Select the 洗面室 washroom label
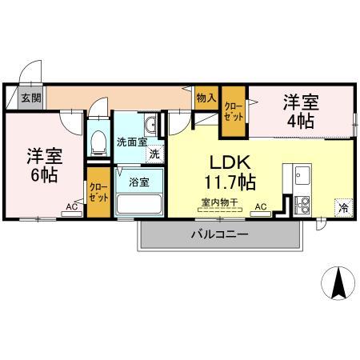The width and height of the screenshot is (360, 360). click(131, 142)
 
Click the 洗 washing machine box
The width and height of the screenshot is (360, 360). click(154, 153)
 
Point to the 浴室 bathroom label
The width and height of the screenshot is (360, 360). click(139, 181)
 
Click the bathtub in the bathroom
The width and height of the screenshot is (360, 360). click(139, 202)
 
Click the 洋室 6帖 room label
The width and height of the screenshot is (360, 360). click(42, 164)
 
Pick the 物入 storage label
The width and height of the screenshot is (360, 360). click(206, 98)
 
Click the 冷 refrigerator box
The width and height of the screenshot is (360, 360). click(343, 207)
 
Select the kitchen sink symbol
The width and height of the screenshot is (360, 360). click(302, 174)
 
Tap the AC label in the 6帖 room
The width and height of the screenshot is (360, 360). click(72, 207)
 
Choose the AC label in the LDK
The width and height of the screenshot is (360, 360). click(260, 207)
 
